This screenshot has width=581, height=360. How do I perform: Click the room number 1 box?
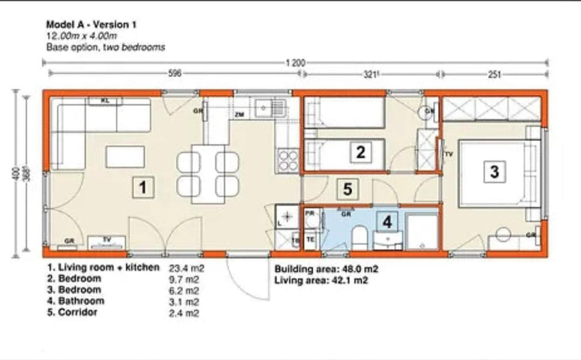(144, 187)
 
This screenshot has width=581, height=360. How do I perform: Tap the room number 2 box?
(360, 152)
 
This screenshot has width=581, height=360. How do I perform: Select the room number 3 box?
(495, 171)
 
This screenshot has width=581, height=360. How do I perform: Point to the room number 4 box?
(387, 221)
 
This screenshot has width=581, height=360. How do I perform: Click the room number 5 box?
(348, 189)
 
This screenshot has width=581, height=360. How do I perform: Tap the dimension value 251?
(494, 74)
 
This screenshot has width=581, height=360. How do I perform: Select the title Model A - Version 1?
(91, 24)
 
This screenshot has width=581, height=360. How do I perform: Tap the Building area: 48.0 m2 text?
(327, 269)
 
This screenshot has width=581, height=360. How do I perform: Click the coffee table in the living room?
(125, 157)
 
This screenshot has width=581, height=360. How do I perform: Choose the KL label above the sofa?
(105, 101)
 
